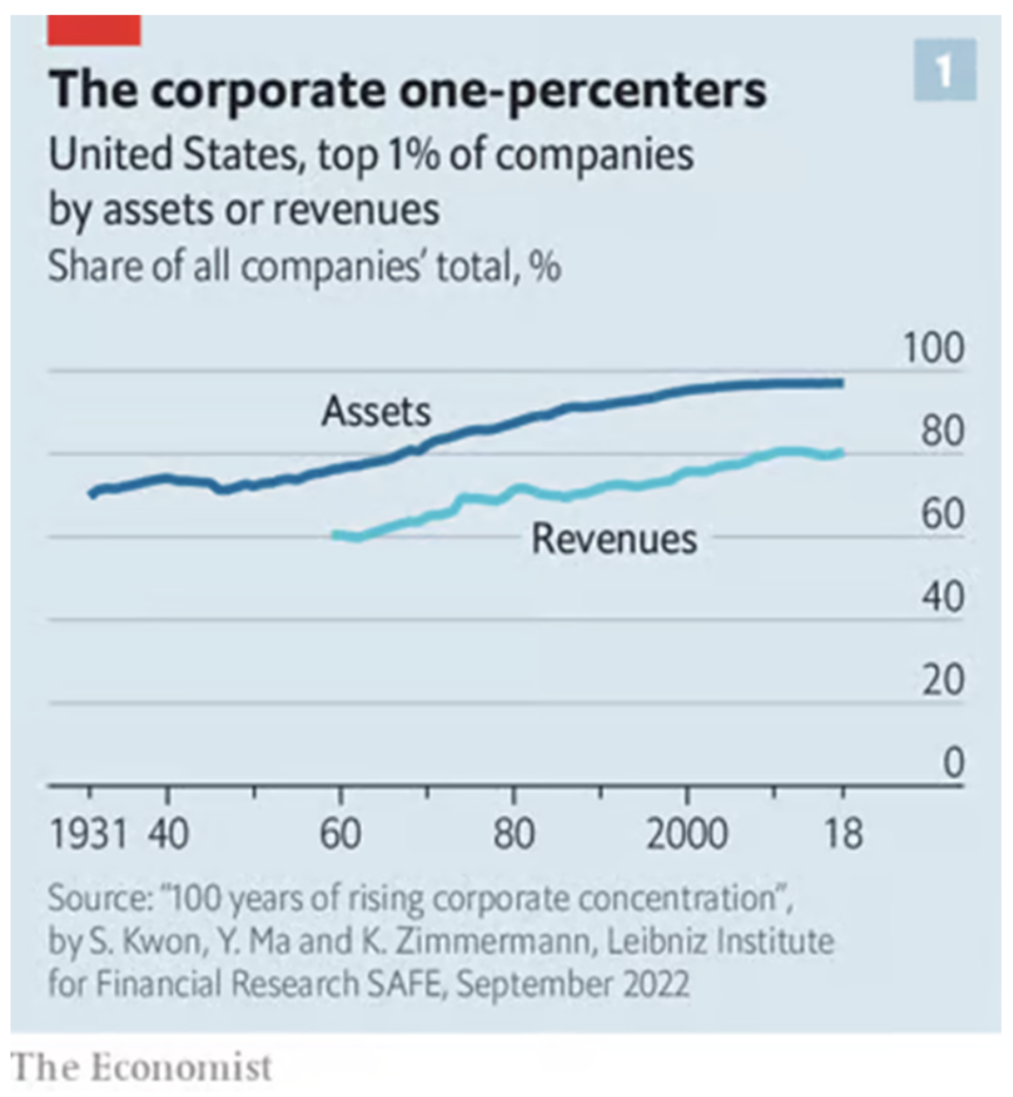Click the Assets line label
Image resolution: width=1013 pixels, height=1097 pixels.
coord(376,411)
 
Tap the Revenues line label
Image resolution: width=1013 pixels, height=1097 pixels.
coord(614,539)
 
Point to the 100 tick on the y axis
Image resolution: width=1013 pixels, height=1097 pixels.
coord(934,349)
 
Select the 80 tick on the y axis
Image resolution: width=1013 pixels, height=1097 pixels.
coord(943,432)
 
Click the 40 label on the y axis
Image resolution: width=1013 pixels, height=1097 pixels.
coord(943,598)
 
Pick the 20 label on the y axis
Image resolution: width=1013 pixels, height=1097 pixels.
coord(943,680)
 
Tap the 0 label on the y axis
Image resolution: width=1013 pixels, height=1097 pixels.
coord(953,763)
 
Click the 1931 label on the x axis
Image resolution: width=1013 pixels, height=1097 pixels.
coord(89,832)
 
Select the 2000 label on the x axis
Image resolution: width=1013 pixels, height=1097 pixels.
coord(687,832)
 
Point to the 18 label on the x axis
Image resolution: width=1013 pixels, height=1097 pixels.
coord(842,832)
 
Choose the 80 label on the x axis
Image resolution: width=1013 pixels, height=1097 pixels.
coord(514,832)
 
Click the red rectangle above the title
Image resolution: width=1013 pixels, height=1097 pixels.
coord(94,31)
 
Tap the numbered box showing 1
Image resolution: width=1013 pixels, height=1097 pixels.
coord(944,70)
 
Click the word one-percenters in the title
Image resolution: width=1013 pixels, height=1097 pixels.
coord(581,90)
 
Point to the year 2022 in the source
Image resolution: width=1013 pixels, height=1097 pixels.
coord(656,983)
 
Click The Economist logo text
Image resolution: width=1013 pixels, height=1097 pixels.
coord(141,1067)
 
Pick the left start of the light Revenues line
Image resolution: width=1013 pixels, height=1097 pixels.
coord(336,534)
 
